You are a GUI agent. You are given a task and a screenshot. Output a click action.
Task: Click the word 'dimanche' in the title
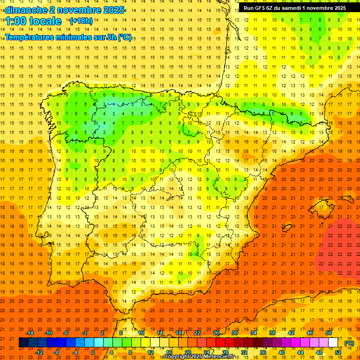[26, 10]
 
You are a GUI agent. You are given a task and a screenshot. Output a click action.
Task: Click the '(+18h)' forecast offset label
[81, 21]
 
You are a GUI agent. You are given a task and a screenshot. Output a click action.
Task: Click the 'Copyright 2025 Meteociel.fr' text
[199, 357]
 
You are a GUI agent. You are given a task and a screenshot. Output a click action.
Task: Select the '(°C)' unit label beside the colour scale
[349, 343]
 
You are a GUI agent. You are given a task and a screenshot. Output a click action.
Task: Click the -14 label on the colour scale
[30, 333]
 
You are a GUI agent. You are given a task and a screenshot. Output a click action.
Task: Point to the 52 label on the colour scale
[338, 352]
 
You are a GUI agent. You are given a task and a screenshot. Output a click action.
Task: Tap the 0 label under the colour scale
[93, 352]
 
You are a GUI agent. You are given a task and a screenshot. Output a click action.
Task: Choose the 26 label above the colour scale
[216, 333]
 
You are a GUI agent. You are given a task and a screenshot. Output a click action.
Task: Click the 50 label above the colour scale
[328, 333]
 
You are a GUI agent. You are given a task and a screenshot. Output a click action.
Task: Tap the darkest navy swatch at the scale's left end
[23, 343]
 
